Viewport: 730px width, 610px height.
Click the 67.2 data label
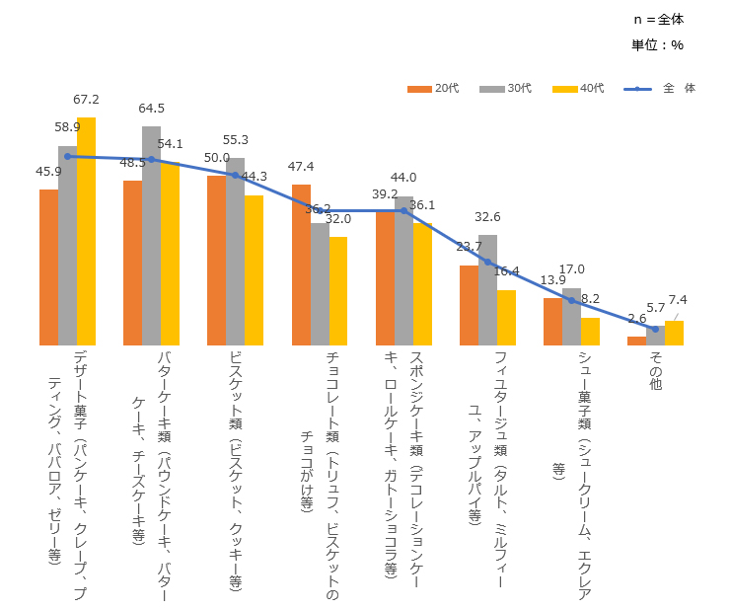(86, 100)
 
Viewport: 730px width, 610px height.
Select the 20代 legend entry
(433, 89)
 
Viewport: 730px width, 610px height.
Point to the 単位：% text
(657, 44)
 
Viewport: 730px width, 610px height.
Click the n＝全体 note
(658, 19)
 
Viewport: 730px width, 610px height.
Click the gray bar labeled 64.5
(151, 236)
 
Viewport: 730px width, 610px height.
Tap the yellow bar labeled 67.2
(86, 231)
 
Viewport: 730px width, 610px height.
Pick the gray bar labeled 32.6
(487, 290)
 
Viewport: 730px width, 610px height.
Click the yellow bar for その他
(674, 333)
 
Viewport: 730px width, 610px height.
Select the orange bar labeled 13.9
(552, 321)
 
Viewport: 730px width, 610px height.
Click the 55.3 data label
(236, 140)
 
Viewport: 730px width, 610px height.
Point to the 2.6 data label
(636, 319)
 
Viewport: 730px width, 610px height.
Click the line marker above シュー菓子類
(571, 300)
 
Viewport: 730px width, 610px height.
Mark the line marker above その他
(655, 329)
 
